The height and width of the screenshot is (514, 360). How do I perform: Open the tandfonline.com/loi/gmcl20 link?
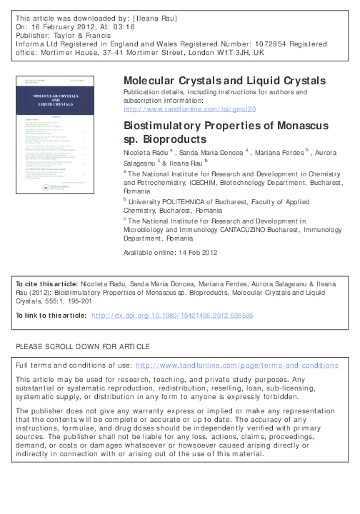point(189,109)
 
